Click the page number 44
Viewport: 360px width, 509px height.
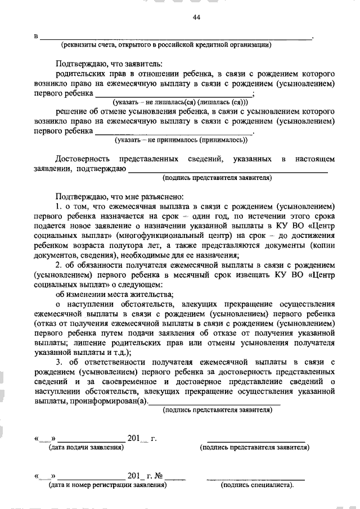coord(196,17)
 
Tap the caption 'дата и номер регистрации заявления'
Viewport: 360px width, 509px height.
coord(107,484)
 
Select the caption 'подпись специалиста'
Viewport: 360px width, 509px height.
coord(258,484)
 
